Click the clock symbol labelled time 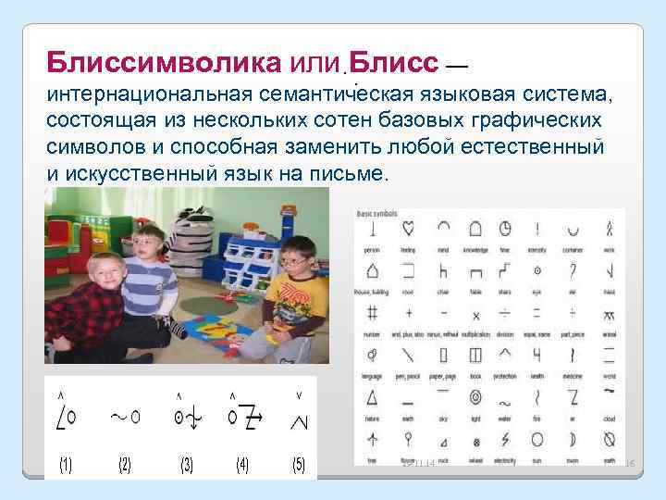click(x=505, y=228)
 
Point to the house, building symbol click(x=372, y=270)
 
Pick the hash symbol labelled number click(x=372, y=313)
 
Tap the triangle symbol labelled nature click(x=372, y=398)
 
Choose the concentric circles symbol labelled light click(x=474, y=398)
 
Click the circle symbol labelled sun click(x=538, y=439)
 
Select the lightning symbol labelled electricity click(x=505, y=439)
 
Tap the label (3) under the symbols click(x=187, y=465)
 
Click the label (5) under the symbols click(x=298, y=465)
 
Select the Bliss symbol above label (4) click(x=243, y=417)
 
